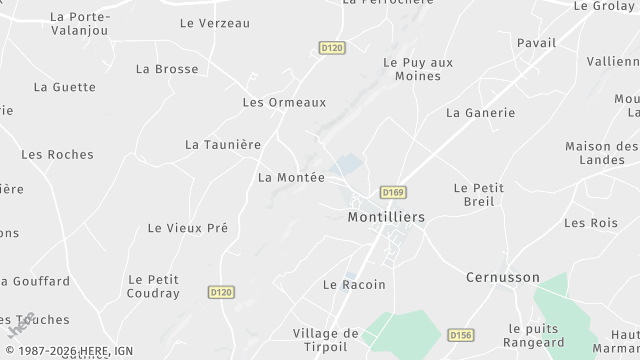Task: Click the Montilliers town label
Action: (386, 217)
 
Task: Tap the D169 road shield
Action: (391, 191)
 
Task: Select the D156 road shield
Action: (461, 335)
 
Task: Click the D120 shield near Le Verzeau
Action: (331, 47)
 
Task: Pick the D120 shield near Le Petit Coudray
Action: (221, 292)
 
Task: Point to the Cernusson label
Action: (503, 277)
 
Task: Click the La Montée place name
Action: (291, 177)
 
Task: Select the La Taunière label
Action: (222, 144)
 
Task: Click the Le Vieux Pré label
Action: (187, 228)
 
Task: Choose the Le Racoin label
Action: (354, 285)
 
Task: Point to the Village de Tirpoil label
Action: (325, 340)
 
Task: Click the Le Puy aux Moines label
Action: (418, 69)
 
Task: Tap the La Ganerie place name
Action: (480, 113)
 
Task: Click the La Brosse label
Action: (167, 69)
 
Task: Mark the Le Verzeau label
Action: (214, 23)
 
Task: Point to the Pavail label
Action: (536, 43)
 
